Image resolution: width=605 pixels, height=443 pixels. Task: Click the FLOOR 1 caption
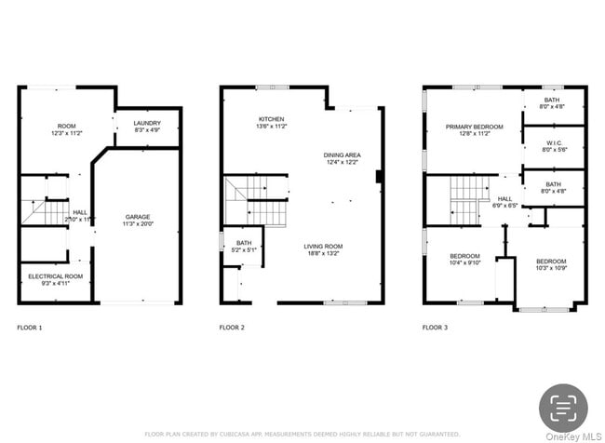(x=30, y=328)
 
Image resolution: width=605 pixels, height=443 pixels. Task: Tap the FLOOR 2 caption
(x=232, y=328)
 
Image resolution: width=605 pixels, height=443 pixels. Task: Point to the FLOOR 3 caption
(x=435, y=328)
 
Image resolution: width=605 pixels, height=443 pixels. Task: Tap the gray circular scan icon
(x=564, y=406)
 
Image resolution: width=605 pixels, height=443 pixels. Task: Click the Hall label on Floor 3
(x=504, y=201)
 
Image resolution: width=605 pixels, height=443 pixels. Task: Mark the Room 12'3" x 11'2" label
(x=66, y=129)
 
